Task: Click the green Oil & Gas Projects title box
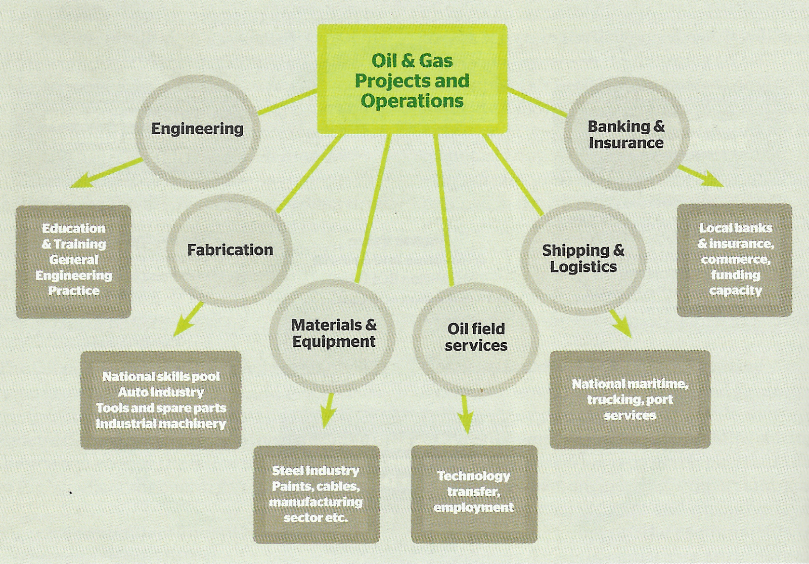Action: [412, 79]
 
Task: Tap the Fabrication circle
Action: [230, 250]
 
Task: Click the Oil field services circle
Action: [476, 337]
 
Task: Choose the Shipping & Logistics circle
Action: [583, 258]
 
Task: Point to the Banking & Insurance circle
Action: [626, 135]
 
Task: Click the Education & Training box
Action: [73, 260]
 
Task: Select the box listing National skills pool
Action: [161, 400]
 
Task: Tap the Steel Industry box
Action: [316, 494]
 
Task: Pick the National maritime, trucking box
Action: [630, 399]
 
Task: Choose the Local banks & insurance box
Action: [735, 259]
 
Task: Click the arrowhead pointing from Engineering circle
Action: [81, 182]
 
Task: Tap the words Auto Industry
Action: [161, 392]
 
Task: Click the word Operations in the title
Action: [412, 101]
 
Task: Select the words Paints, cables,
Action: [316, 487]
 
